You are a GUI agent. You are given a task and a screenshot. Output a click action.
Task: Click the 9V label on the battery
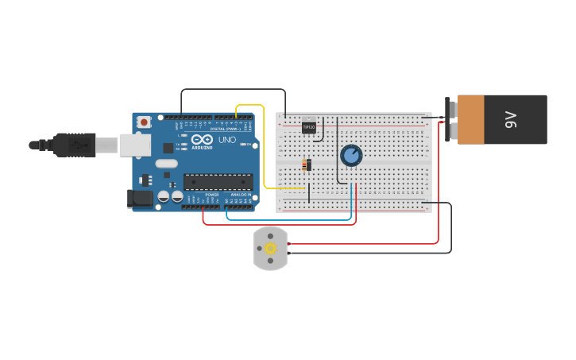point(511,120)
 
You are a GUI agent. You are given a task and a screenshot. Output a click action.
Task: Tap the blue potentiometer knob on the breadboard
point(351,155)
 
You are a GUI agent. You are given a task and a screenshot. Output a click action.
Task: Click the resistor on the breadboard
point(306,165)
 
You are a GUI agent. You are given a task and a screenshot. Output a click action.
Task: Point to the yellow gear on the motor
point(270,248)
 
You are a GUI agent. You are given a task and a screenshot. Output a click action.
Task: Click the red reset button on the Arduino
point(144,122)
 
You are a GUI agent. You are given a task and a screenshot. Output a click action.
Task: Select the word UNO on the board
point(227,141)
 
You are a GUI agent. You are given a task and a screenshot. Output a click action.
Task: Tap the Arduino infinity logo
point(202,141)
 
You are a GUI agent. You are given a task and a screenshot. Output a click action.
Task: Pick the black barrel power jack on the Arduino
point(141,199)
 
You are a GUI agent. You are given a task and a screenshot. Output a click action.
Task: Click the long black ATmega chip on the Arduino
point(218,182)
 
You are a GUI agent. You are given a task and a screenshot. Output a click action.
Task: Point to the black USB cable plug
point(75,145)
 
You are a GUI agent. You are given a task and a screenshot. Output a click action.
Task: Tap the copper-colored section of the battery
point(470,120)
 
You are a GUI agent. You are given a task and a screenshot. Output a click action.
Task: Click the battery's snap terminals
point(450,120)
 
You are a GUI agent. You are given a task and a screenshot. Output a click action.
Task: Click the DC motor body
point(270,248)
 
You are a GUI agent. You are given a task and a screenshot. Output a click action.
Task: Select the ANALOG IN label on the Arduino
point(240,194)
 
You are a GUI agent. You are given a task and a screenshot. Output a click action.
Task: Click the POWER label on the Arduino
point(212,194)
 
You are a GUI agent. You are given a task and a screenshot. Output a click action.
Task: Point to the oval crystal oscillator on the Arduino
point(167,164)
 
